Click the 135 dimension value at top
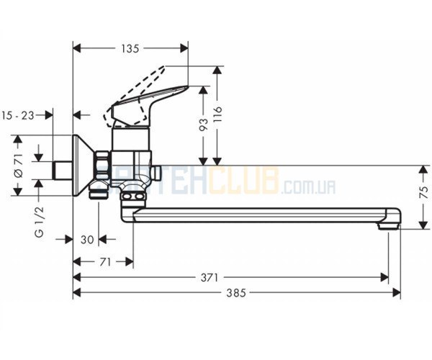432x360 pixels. coord(130,49)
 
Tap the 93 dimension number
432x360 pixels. coord(203,125)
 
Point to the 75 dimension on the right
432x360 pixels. coord(424,192)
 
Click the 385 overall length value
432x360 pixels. coord(236,293)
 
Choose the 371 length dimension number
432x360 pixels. coord(209,278)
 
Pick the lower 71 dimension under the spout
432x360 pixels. coord(105,262)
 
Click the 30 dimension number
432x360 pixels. coord(87,240)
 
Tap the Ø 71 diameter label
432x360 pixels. coord(19,166)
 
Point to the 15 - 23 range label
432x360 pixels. coord(18,115)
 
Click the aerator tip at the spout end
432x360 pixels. coord(389,226)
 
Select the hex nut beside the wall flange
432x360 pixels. coord(102,166)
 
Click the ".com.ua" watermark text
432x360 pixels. coord(308,188)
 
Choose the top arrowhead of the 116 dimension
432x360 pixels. coord(217,71)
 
